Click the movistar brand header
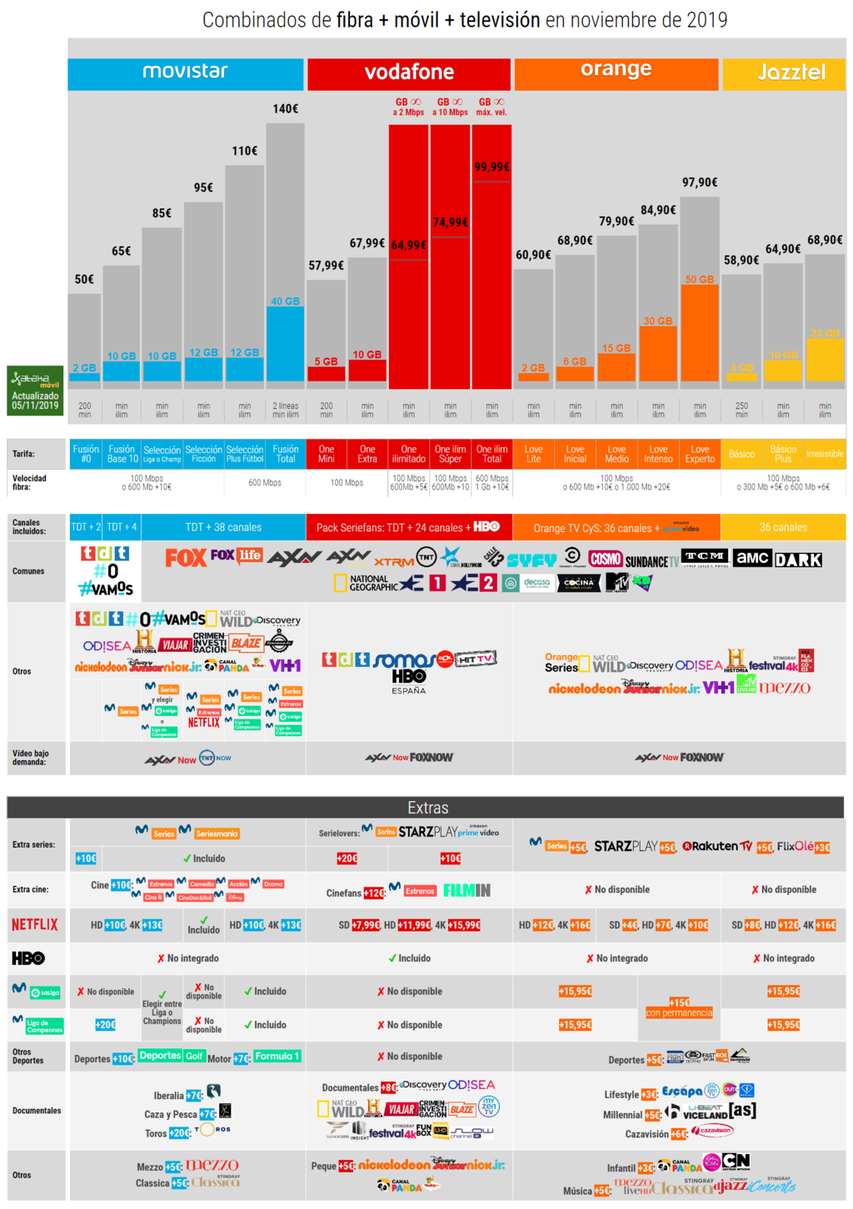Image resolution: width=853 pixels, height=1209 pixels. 185,72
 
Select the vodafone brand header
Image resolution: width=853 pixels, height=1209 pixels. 409,73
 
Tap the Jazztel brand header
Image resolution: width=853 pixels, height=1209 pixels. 791,73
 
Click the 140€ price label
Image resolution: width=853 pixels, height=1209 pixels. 285,109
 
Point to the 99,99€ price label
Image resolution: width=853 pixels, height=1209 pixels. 491,167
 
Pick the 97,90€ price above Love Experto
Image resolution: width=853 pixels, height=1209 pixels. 700,182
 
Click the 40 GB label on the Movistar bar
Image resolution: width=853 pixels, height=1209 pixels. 285,301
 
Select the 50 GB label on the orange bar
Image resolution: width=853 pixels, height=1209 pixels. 700,280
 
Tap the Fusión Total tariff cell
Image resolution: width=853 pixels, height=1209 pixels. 285,454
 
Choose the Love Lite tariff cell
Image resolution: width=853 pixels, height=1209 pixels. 533,454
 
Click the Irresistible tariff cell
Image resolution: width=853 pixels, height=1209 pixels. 825,454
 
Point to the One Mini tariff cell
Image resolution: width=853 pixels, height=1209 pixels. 327,454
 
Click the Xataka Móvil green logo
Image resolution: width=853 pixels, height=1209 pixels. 36,390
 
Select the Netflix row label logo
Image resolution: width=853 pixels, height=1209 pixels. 35,925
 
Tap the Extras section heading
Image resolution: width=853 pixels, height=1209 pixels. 427,808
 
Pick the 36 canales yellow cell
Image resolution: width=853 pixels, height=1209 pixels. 783,527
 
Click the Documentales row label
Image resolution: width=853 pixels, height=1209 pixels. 37,1111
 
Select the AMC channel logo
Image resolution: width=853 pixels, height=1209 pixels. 752,559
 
